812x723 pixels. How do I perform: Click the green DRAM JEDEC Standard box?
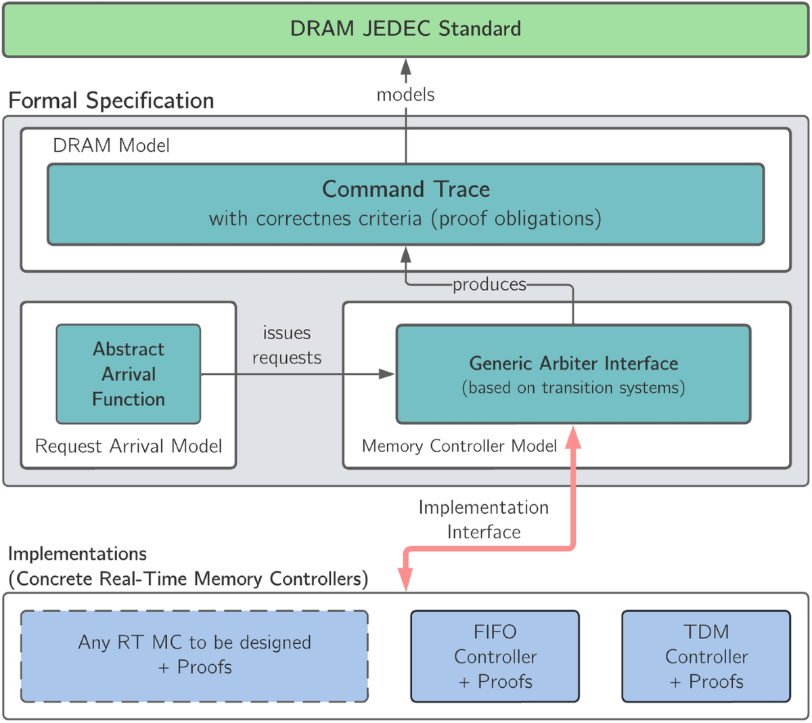coord(405,29)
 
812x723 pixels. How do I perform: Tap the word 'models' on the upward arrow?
coord(405,95)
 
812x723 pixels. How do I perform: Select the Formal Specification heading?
coord(111,101)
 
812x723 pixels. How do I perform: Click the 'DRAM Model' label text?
coord(111,146)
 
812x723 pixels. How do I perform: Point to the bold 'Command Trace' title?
coord(405,189)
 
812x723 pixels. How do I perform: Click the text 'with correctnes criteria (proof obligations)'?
coord(405,219)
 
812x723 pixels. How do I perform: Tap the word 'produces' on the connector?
coord(489,284)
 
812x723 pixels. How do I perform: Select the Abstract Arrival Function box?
coord(129,374)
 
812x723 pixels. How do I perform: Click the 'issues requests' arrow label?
coord(287,345)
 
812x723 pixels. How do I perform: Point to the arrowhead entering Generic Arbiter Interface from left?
coord(387,374)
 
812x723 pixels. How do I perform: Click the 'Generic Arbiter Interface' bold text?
coord(573,364)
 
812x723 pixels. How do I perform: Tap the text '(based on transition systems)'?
coord(573,388)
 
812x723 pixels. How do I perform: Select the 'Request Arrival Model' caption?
coord(129,446)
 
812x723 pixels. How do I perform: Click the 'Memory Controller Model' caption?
coord(459,446)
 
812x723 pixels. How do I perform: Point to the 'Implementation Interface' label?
coord(483,519)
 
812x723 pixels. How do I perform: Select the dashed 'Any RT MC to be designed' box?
coord(194,655)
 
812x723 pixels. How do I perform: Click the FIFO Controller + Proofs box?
coord(495,656)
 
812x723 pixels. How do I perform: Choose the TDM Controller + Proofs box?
coord(706,656)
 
